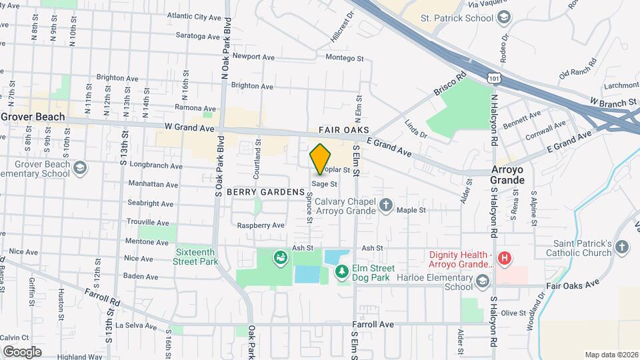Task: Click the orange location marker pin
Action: pos(321,159)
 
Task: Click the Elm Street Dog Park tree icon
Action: pos(341,271)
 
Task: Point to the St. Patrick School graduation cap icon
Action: pos(505,17)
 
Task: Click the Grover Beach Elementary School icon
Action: pos(81,167)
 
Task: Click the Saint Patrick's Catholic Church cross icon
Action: pos(621,248)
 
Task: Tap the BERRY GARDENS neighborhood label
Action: pos(265,192)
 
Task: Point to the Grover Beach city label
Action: pos(33,117)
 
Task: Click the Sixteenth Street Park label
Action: pos(197,257)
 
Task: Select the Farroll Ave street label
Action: pos(373,325)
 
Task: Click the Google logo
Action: pos(22,351)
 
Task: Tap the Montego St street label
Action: pos(344,59)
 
